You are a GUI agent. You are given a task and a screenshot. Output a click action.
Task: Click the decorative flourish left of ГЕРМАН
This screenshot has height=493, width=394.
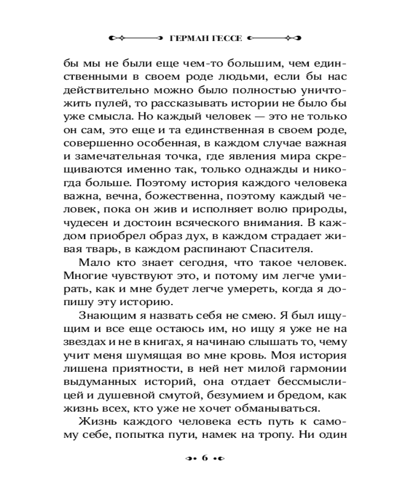pyautogui.click(x=133, y=37)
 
